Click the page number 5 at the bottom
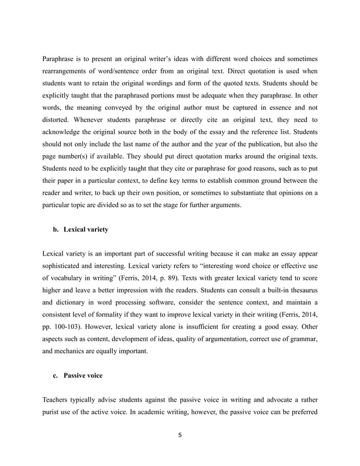click(x=179, y=435)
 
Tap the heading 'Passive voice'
click(x=83, y=375)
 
